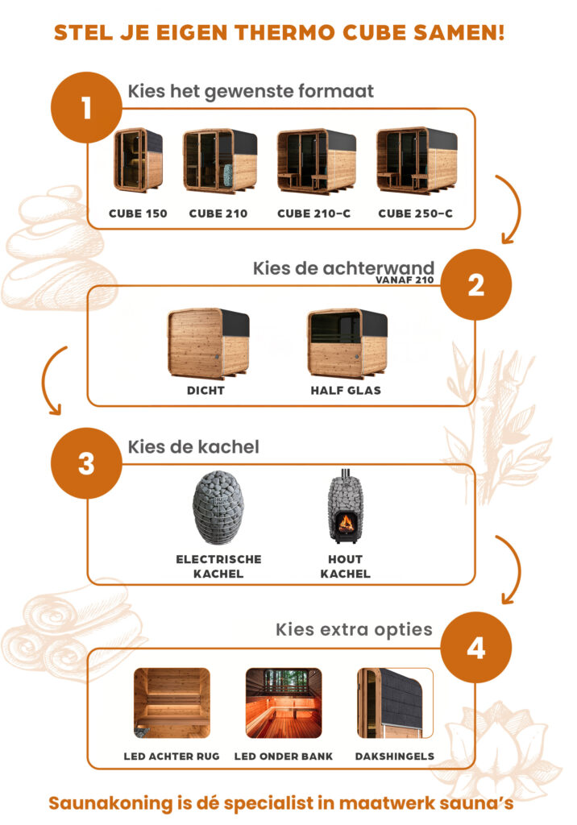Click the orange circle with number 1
coord(86,107)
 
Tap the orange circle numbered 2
coord(476,284)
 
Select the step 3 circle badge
coord(86,463)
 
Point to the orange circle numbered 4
coord(476,648)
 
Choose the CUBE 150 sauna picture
coord(138,160)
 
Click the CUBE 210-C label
coord(313,214)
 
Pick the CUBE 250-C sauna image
coord(417,160)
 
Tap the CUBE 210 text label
coord(218,214)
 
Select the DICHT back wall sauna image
coord(209,343)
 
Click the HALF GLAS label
coord(346,391)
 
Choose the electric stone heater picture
coord(218,508)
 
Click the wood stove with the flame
coord(346,506)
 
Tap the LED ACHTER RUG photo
coord(172,703)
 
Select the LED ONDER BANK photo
coord(284,703)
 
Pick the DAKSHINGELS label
coord(394,757)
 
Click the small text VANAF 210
coord(405,280)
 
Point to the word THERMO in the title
coord(284,32)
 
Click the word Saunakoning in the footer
coord(110,803)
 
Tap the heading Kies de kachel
coord(193,446)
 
